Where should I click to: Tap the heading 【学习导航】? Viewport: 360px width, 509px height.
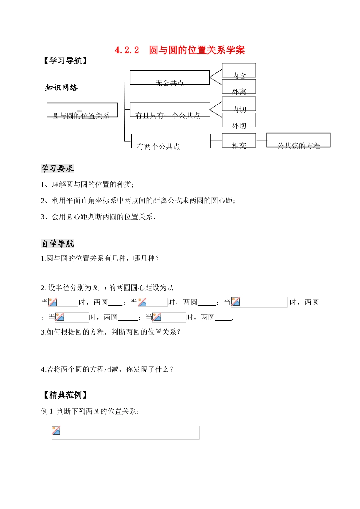(x=65, y=61)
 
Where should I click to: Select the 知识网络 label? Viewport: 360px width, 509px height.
(x=61, y=88)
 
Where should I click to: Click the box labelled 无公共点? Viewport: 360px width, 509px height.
(x=169, y=77)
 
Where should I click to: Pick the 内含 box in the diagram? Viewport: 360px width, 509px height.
(x=239, y=71)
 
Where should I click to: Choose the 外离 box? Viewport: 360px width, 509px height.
(x=239, y=86)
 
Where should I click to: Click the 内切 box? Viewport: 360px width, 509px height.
(x=239, y=104)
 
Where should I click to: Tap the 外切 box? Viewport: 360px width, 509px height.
(x=239, y=120)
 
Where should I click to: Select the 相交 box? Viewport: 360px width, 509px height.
(x=239, y=140)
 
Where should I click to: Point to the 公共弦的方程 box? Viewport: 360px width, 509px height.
(x=298, y=140)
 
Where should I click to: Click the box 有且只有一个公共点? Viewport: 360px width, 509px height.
(x=169, y=110)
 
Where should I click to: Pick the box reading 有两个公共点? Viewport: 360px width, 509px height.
(x=171, y=141)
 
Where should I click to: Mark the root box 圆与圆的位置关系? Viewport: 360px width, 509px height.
(x=82, y=110)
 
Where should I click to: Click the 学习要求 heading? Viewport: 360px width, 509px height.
(x=57, y=168)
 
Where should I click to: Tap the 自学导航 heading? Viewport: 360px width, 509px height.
(x=57, y=244)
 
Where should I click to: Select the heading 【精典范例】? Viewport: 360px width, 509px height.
(x=65, y=395)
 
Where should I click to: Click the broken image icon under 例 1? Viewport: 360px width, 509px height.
(x=56, y=430)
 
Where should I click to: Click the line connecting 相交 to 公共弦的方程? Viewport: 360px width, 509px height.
(x=261, y=141)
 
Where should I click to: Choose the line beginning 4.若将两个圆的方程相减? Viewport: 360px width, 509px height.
(x=107, y=369)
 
